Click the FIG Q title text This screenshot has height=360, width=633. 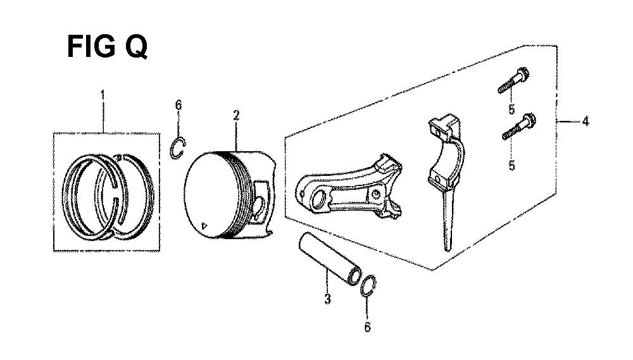point(107,46)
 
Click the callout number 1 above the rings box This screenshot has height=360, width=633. point(103,96)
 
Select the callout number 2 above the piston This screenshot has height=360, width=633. point(236,116)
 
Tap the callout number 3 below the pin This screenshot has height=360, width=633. point(327,299)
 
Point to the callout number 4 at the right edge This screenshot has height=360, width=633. point(586,121)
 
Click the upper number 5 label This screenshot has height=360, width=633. point(511,109)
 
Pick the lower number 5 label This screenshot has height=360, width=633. point(511,165)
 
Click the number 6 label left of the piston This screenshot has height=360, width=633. point(178,105)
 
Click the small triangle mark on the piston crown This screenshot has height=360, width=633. point(204,225)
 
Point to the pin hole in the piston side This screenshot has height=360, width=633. point(260,205)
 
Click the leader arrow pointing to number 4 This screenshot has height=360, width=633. point(568,121)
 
